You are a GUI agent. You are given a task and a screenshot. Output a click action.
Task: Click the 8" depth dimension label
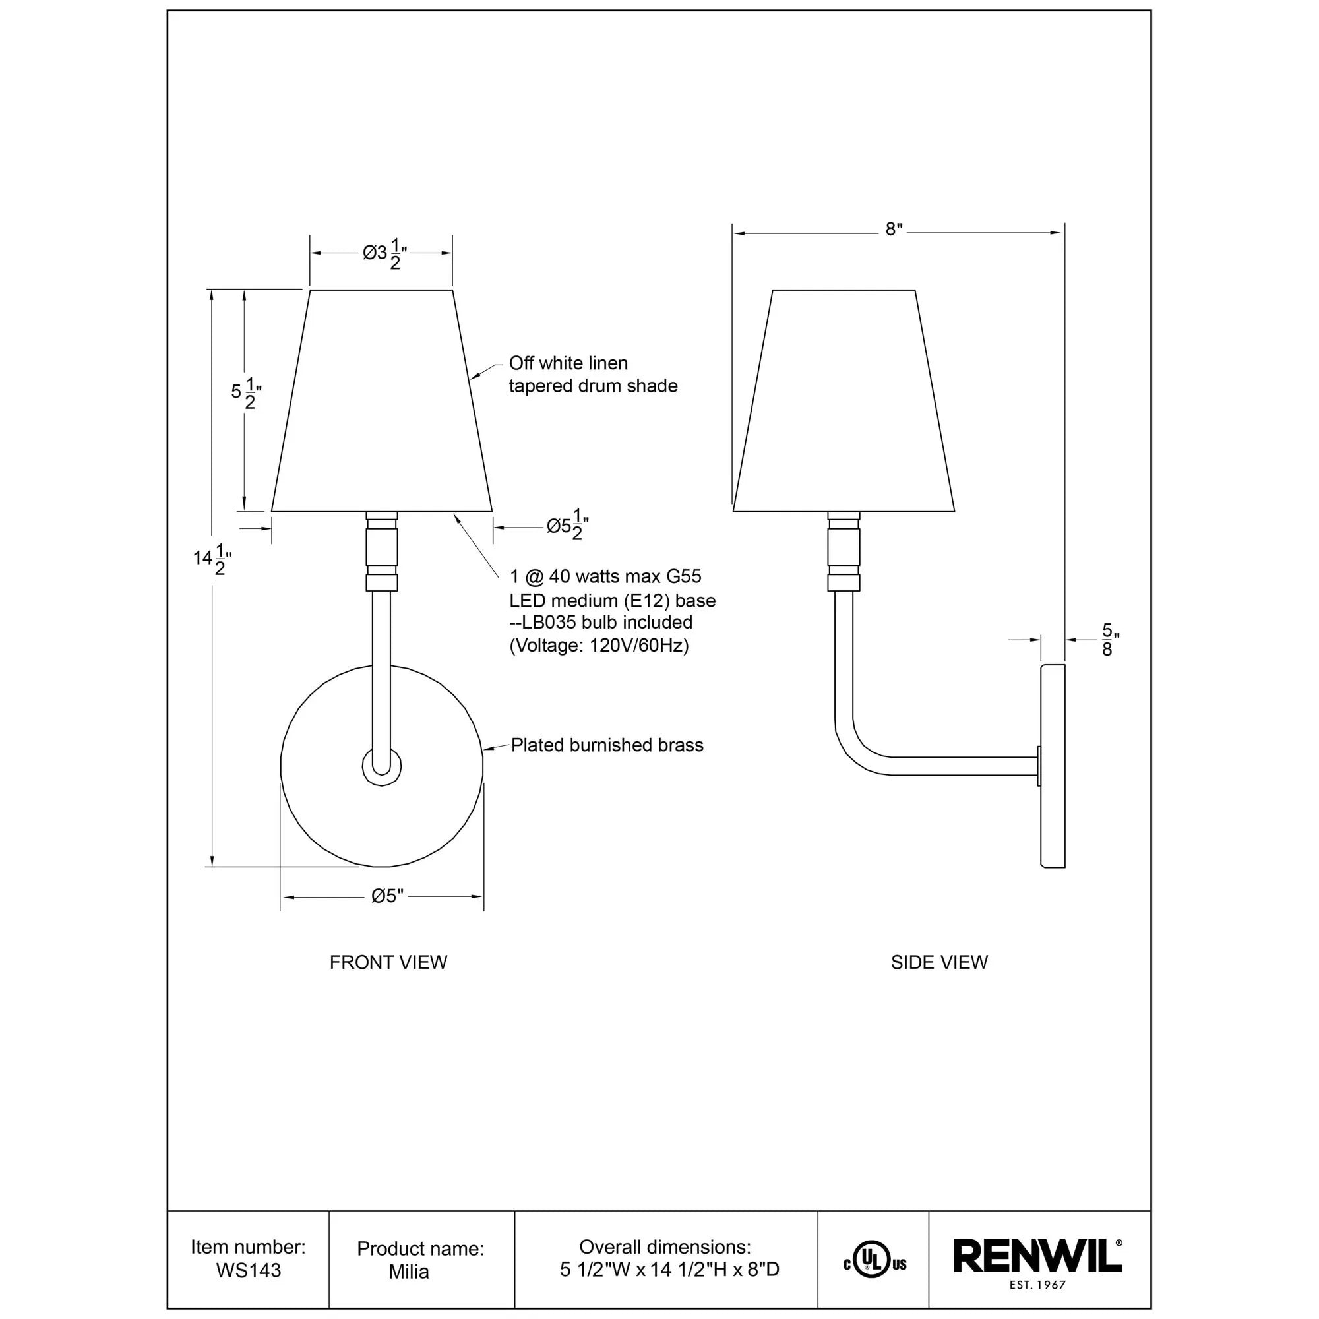pos(894,230)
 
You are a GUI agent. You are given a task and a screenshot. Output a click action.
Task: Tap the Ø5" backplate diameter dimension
pos(387,896)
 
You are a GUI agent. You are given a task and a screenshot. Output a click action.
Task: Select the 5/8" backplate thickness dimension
pos(1107,640)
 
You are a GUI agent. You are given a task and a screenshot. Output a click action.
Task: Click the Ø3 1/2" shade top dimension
pos(384,255)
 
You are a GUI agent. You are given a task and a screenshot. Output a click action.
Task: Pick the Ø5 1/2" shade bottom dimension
pos(567,526)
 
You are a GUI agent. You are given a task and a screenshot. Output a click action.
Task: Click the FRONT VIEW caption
pos(388,962)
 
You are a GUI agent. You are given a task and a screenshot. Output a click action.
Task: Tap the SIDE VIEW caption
pos(938,962)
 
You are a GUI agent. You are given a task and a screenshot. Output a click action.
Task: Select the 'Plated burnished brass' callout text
pos(607,745)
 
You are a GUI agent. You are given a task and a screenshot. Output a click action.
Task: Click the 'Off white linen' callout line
pos(568,363)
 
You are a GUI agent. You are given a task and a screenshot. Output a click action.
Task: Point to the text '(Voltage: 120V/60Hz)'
pos(599,645)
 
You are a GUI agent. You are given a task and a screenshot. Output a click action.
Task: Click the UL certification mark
pos(874,1264)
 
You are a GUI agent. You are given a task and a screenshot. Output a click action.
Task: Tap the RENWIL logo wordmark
pos(1036,1256)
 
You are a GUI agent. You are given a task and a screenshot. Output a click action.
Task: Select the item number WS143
pos(249,1271)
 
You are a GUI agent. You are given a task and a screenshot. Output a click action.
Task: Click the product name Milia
pos(408,1272)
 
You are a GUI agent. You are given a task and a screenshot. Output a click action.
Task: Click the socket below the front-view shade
pos(382,550)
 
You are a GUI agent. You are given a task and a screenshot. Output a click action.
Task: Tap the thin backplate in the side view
pos(1052,765)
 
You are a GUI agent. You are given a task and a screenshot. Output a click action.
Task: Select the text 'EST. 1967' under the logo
pos(1037,1285)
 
